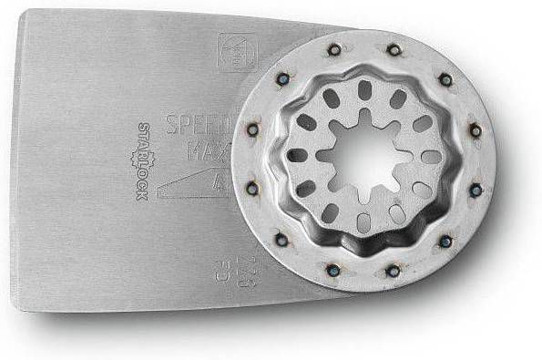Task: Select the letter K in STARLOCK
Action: (141, 200)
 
